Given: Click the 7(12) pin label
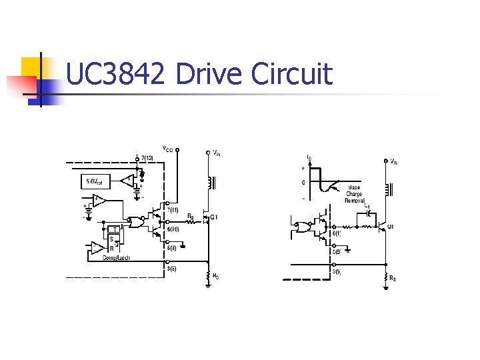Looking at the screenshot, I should (147, 157).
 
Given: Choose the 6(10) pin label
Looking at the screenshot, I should (173, 229).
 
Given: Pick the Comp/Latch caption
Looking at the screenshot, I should (116, 257).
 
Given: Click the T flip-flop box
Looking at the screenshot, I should (115, 229).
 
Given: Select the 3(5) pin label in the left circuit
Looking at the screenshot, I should (172, 269).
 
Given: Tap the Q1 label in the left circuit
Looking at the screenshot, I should (213, 217).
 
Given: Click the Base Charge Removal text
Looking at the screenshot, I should (354, 194).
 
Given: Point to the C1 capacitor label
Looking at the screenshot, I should (367, 207).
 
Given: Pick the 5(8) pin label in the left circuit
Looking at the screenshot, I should (172, 248).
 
